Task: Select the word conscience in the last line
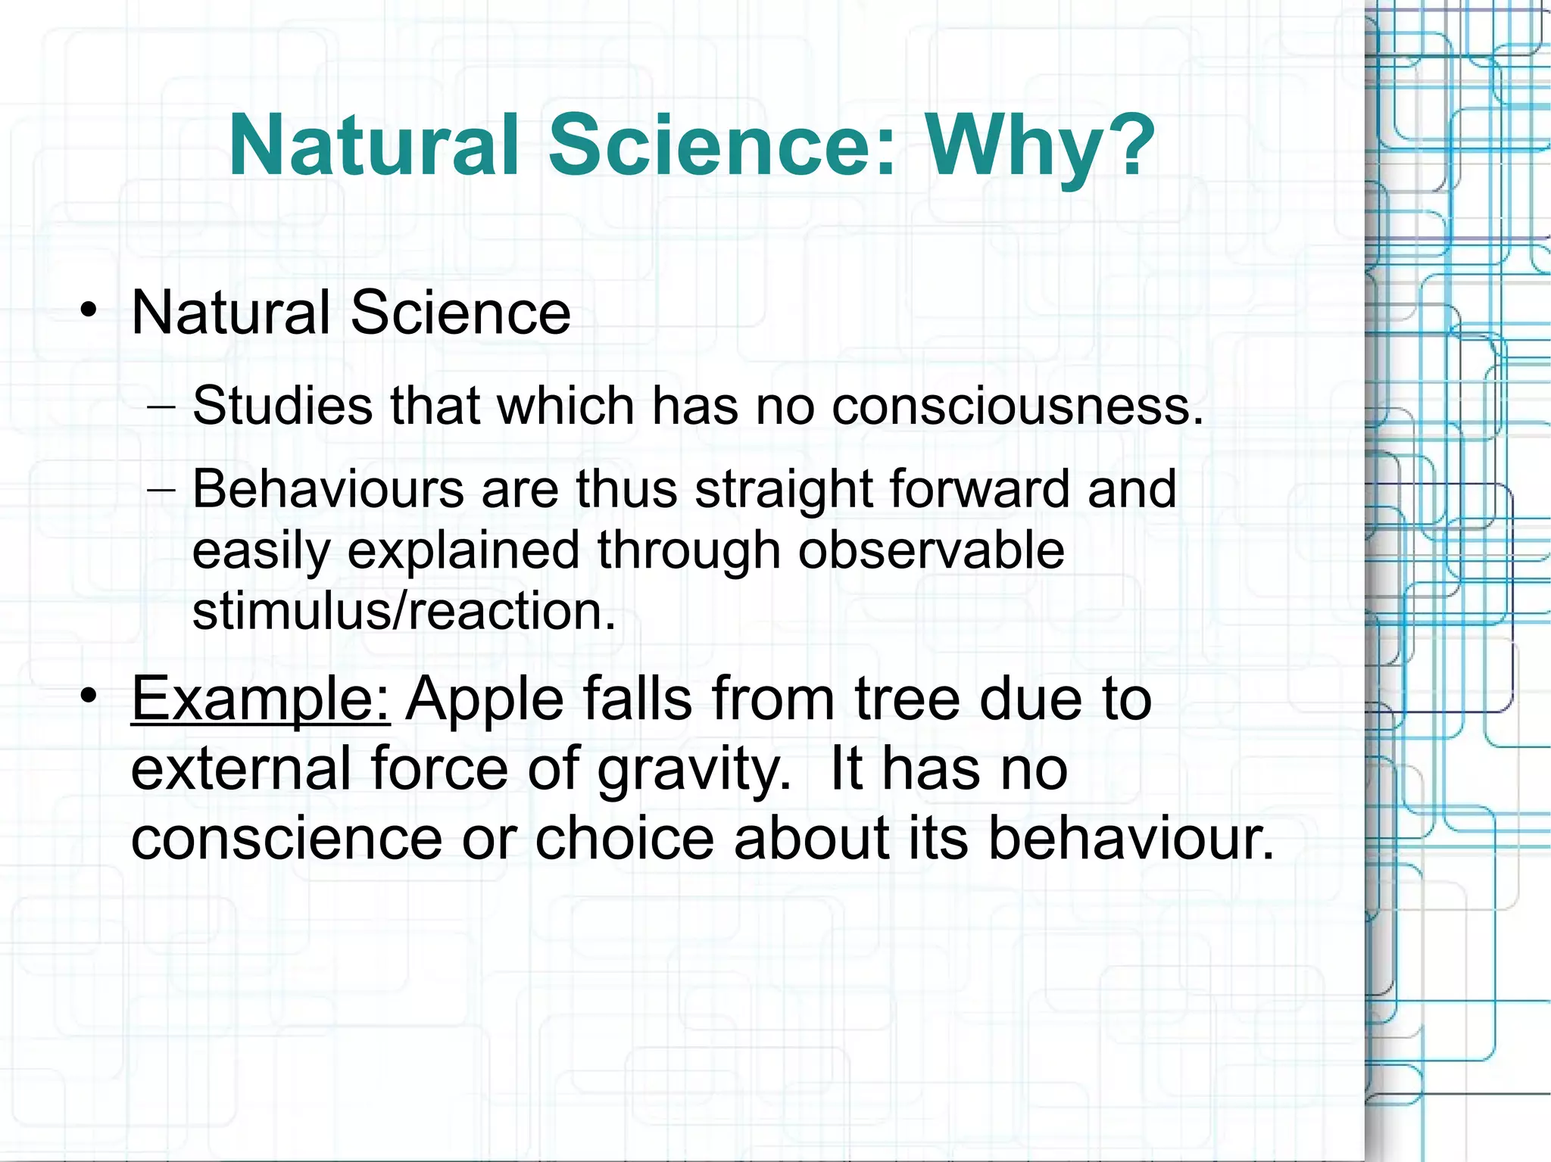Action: click(x=286, y=839)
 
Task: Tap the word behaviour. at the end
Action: click(x=1131, y=839)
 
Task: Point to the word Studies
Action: click(x=282, y=406)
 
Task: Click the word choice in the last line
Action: click(x=625, y=839)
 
